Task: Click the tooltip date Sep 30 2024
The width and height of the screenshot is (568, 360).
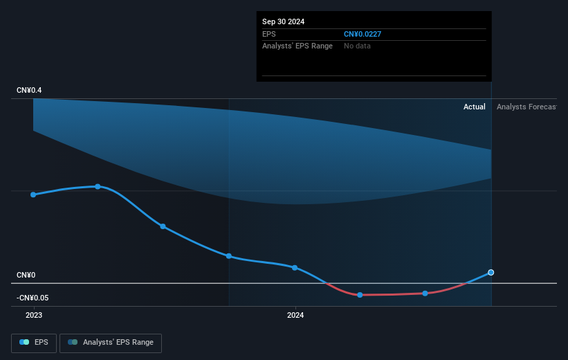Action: point(283,21)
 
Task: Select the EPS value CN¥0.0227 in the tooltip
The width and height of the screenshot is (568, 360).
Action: point(363,34)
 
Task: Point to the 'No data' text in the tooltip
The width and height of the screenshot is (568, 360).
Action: point(357,46)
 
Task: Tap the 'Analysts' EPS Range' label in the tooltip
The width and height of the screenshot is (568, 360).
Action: point(297,46)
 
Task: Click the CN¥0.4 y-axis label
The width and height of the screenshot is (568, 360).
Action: point(29,90)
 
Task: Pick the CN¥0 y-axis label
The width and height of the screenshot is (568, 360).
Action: point(26,275)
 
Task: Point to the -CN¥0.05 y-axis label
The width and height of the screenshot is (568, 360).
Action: point(33,298)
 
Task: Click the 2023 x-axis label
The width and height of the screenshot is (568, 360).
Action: point(34,316)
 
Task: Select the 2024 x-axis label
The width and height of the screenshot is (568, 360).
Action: point(295,316)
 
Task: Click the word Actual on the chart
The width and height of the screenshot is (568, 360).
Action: point(474,107)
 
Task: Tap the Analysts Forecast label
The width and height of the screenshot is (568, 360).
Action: point(526,107)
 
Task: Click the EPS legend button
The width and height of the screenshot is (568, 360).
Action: point(34,343)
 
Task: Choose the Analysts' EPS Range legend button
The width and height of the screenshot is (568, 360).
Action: point(111,343)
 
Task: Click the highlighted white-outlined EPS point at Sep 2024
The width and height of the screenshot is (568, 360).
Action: point(491,273)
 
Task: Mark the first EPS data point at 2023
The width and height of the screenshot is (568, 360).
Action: point(33,195)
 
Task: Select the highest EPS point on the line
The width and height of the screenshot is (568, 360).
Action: point(98,187)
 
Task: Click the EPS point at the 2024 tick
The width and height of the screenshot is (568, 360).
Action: point(295,268)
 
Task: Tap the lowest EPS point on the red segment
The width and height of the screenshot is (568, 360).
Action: point(360,295)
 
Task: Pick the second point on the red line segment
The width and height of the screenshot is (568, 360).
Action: point(425,294)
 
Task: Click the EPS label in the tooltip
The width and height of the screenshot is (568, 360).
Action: point(269,34)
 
